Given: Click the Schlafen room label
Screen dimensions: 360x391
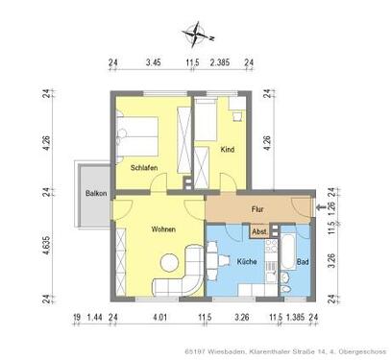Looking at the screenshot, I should click(x=145, y=167).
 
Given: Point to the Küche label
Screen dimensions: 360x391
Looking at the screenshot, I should click(x=244, y=262).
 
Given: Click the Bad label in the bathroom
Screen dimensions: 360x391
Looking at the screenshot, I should click(x=303, y=262).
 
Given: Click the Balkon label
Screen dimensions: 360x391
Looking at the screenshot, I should click(x=95, y=193).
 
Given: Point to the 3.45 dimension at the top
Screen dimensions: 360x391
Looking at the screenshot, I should click(x=154, y=63).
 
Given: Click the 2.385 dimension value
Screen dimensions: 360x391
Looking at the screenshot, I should click(x=220, y=63).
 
